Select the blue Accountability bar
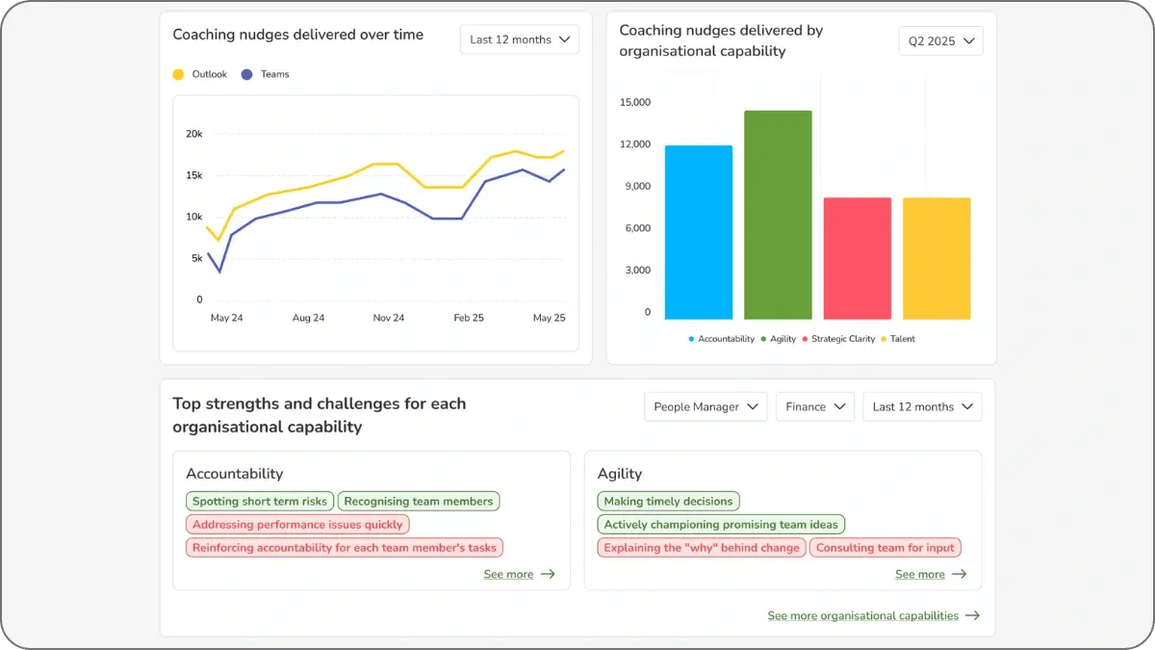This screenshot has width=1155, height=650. (x=698, y=232)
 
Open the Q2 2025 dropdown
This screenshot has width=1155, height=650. (x=940, y=41)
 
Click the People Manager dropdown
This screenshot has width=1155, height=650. (x=706, y=406)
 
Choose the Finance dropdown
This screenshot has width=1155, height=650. (x=815, y=406)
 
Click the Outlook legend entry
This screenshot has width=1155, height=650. (x=201, y=74)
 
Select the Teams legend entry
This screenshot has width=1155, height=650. (x=266, y=74)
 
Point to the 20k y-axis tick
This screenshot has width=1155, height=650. (x=194, y=134)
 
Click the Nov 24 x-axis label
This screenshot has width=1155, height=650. (x=389, y=318)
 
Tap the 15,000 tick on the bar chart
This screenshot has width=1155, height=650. (x=635, y=102)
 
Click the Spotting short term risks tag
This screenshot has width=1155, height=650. (x=260, y=501)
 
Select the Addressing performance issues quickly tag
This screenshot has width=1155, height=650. (x=297, y=525)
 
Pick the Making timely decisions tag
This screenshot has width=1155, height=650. (x=669, y=501)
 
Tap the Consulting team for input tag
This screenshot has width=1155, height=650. (x=885, y=548)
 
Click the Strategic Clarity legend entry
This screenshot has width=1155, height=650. (x=842, y=339)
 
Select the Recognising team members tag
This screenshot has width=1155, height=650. (x=419, y=501)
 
